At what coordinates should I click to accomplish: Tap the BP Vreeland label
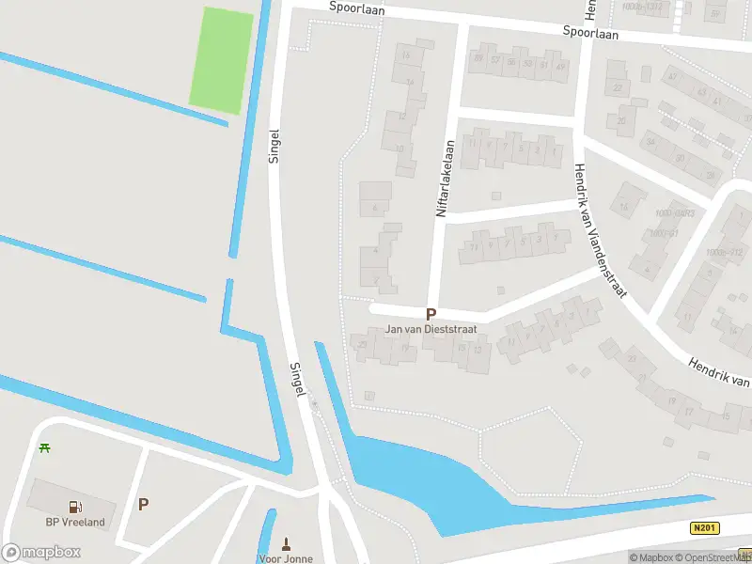(75, 523)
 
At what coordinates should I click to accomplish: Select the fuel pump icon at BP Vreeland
(75, 507)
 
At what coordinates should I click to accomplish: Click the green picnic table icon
(44, 446)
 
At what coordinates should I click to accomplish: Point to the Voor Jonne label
(286, 558)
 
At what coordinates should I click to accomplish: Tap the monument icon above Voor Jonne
(287, 543)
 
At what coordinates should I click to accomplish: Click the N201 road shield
(706, 529)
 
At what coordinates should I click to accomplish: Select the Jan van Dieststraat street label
(431, 330)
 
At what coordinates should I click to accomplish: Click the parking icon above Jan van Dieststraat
(431, 315)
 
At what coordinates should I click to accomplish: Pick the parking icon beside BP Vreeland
(143, 504)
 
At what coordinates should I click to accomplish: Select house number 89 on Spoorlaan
(479, 58)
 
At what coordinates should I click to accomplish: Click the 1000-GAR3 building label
(675, 213)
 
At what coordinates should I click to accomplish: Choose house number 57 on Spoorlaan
(494, 60)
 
